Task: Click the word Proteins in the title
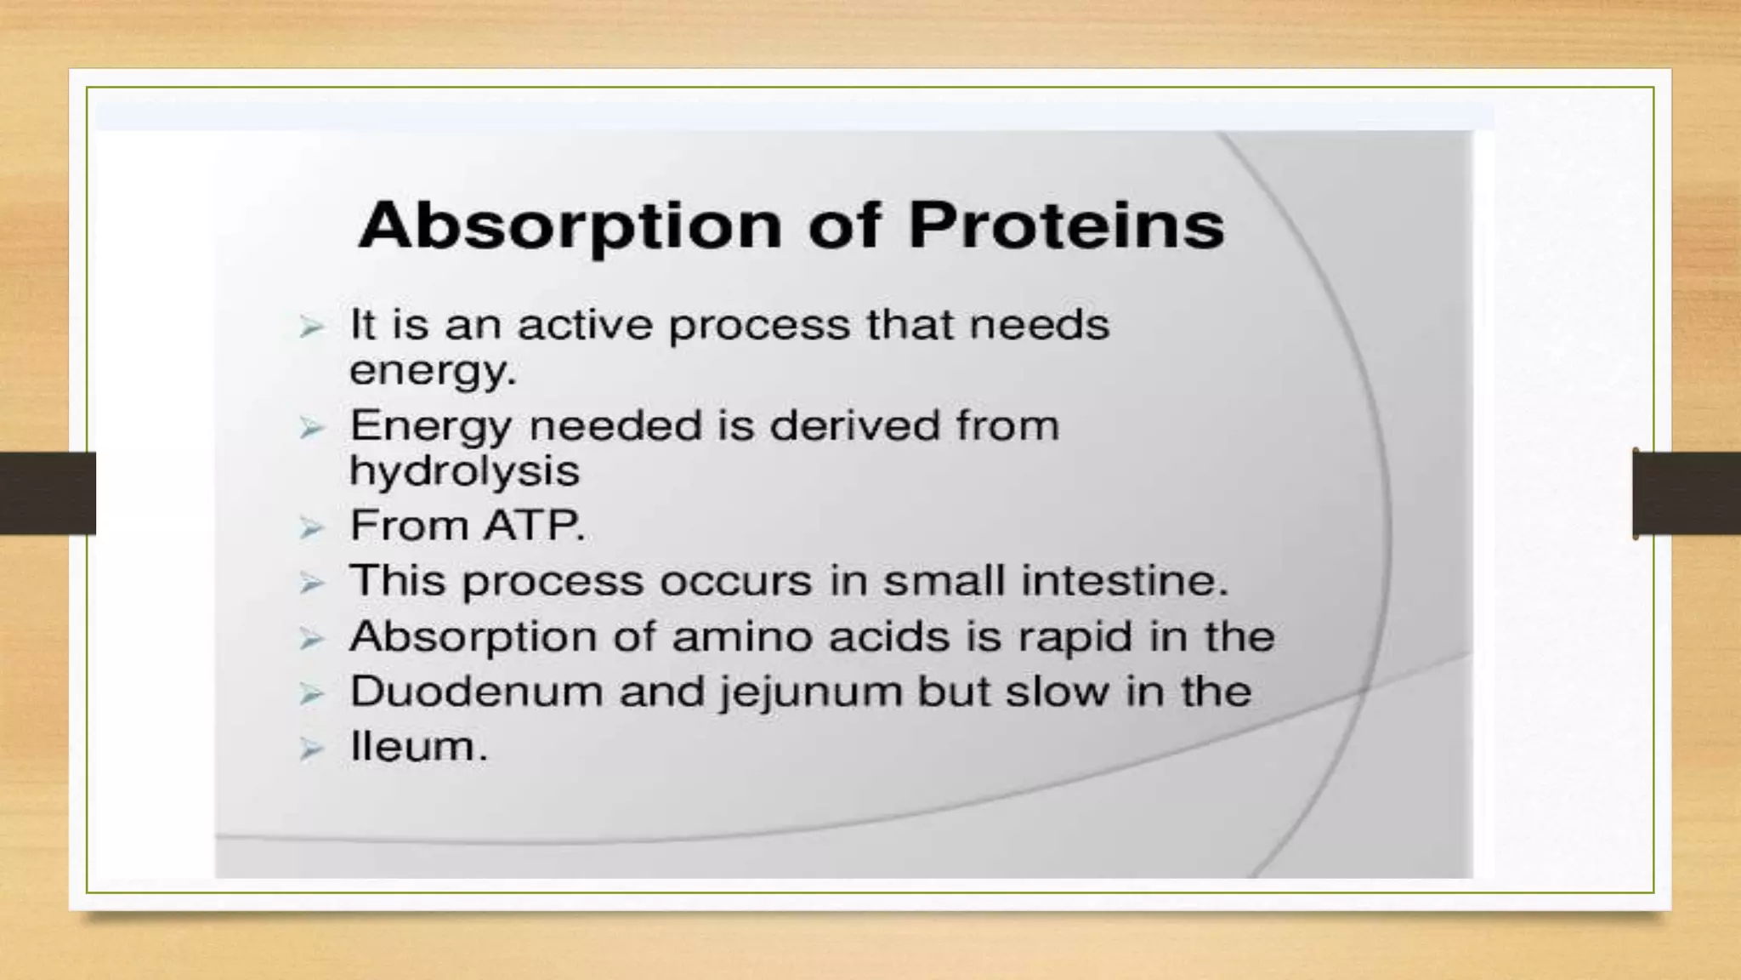[x=1067, y=225]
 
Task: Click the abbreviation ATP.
[x=535, y=526]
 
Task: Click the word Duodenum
[x=477, y=692]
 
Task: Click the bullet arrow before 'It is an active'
[x=312, y=327]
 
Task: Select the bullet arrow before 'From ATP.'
[x=312, y=528]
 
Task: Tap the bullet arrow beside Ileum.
[x=312, y=749]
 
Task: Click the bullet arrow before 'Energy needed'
[x=312, y=428]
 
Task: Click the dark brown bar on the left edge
[x=48, y=493]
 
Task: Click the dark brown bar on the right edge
[x=1687, y=493]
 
